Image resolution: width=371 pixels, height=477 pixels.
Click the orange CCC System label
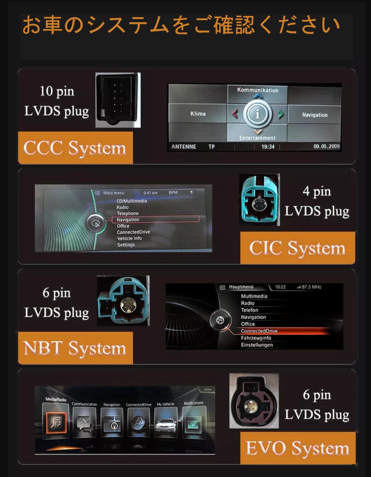(75, 148)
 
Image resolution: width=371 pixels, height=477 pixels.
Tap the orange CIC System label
(297, 248)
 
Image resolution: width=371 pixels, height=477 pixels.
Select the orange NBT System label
(75, 348)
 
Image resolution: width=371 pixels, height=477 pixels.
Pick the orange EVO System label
(297, 448)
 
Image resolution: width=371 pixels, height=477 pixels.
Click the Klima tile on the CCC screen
(198, 114)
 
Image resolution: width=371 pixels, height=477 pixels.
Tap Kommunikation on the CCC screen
(258, 90)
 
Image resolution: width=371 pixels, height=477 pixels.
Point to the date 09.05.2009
(326, 146)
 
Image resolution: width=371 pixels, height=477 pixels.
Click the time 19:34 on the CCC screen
(268, 147)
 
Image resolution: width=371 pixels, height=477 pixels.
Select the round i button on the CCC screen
(258, 114)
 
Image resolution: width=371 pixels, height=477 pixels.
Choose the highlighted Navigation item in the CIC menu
(128, 220)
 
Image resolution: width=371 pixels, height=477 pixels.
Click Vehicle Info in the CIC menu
(129, 238)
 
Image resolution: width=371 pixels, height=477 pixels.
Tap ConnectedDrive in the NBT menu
(259, 331)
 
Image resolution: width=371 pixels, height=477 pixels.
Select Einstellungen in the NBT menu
(257, 345)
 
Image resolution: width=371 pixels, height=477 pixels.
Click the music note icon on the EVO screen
(56, 422)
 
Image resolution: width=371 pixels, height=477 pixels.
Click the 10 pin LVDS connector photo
(118, 100)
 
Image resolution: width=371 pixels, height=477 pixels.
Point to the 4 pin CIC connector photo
(259, 200)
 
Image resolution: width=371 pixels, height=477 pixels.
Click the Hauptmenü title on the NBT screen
(241, 287)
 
